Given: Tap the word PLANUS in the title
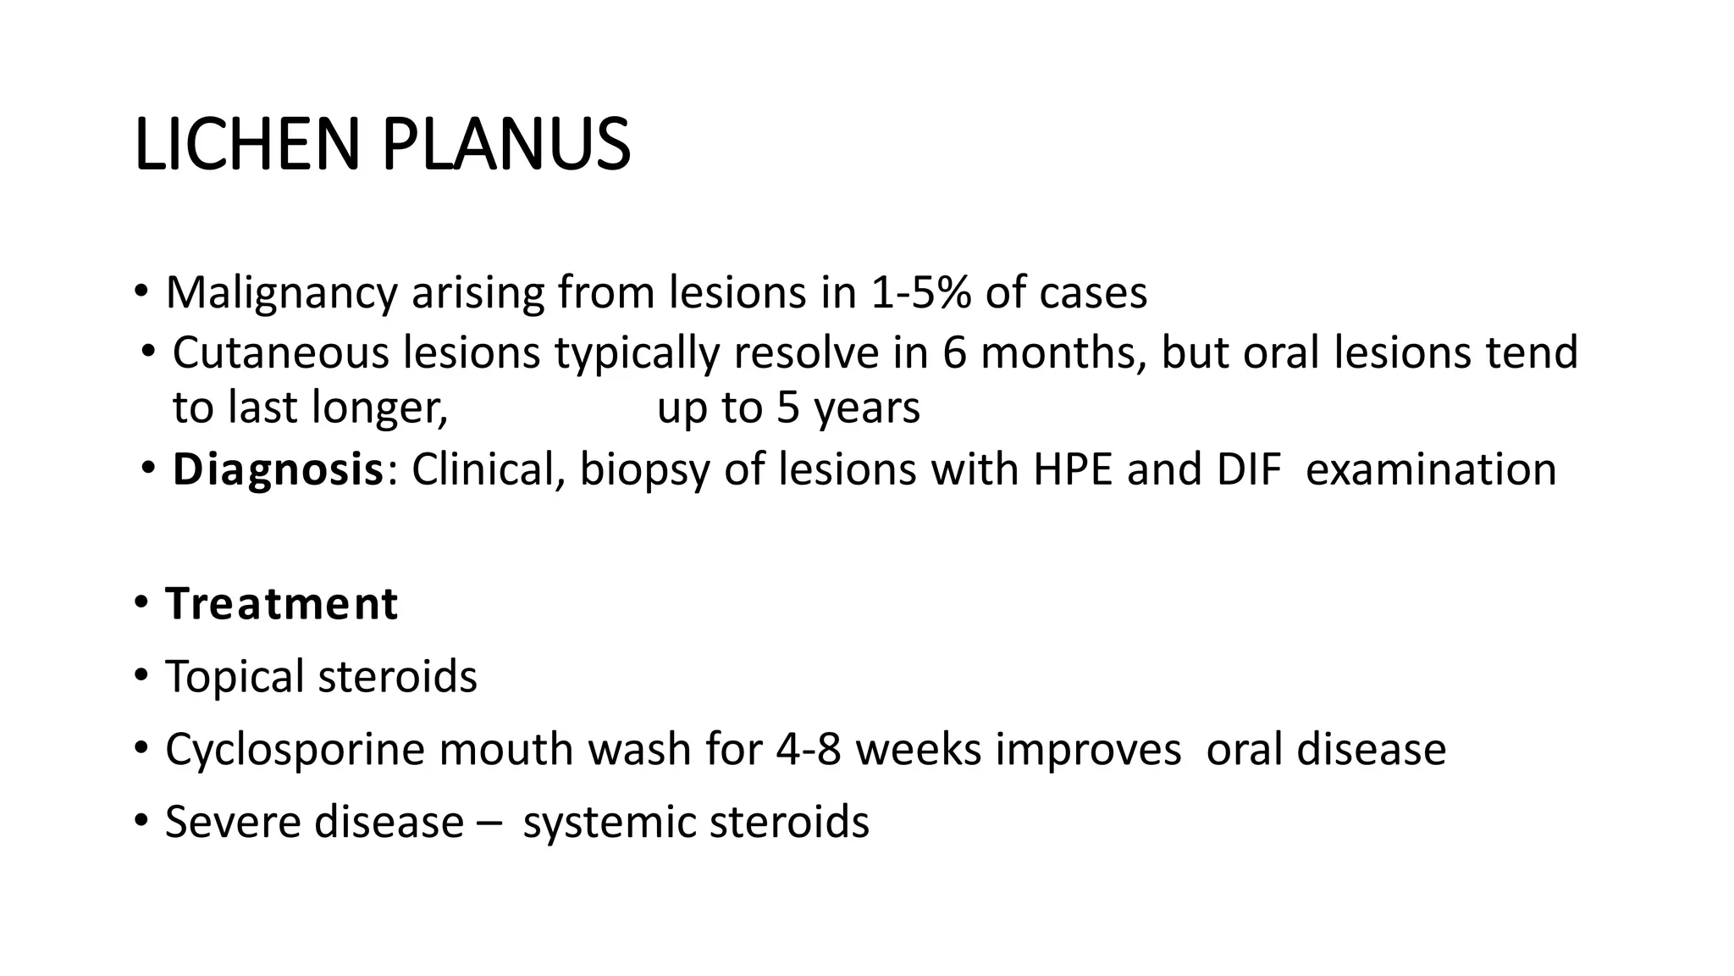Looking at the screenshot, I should (x=505, y=145).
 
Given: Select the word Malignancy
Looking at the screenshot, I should (x=281, y=293).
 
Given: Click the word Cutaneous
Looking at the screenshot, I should (x=280, y=352).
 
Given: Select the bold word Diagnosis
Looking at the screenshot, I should (x=279, y=470).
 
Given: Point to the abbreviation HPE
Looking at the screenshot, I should (x=1073, y=469).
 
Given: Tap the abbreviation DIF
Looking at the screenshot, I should (x=1249, y=469).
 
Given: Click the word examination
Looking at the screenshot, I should (x=1431, y=469).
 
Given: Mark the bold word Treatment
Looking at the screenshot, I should (x=281, y=604).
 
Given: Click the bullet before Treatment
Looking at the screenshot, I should (x=141, y=603).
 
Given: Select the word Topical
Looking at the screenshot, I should (x=235, y=677).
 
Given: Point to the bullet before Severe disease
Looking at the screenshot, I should (x=141, y=821).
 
